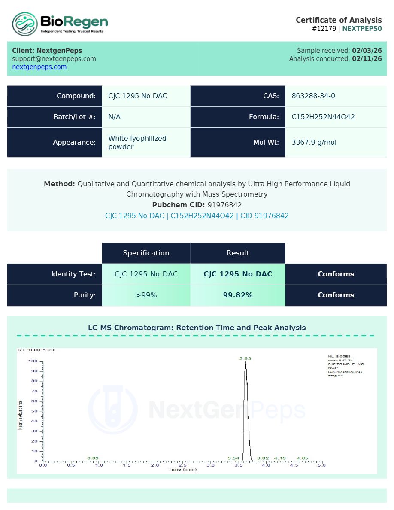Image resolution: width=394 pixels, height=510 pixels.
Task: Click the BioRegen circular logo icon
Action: (x=25, y=24)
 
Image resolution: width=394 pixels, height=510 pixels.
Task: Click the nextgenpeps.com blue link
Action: (x=39, y=67)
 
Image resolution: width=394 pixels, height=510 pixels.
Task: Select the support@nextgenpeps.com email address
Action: (x=54, y=59)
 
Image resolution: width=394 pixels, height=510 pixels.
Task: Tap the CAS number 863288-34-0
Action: (x=313, y=96)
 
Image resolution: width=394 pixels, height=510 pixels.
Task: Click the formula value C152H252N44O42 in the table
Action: (x=323, y=117)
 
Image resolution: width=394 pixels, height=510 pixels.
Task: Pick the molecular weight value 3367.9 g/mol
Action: (x=314, y=143)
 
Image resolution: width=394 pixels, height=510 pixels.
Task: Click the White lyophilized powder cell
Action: (x=137, y=143)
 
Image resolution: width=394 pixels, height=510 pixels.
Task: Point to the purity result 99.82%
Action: (x=238, y=295)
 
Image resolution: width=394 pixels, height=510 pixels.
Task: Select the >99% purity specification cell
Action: (x=146, y=295)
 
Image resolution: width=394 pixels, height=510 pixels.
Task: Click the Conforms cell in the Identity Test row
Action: (x=336, y=274)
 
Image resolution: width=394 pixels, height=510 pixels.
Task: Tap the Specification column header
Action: (x=146, y=253)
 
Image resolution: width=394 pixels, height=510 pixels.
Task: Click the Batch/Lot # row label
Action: (x=74, y=117)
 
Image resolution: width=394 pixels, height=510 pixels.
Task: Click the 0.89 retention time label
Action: (x=93, y=458)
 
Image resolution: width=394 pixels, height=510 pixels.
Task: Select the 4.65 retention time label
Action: (x=302, y=458)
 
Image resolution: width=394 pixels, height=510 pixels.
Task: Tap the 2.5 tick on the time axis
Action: (x=182, y=465)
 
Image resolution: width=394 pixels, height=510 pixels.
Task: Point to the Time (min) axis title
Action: (x=182, y=469)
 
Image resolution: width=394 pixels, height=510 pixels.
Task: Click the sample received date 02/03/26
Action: (x=367, y=51)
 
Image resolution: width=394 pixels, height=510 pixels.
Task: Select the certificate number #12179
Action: (x=324, y=29)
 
